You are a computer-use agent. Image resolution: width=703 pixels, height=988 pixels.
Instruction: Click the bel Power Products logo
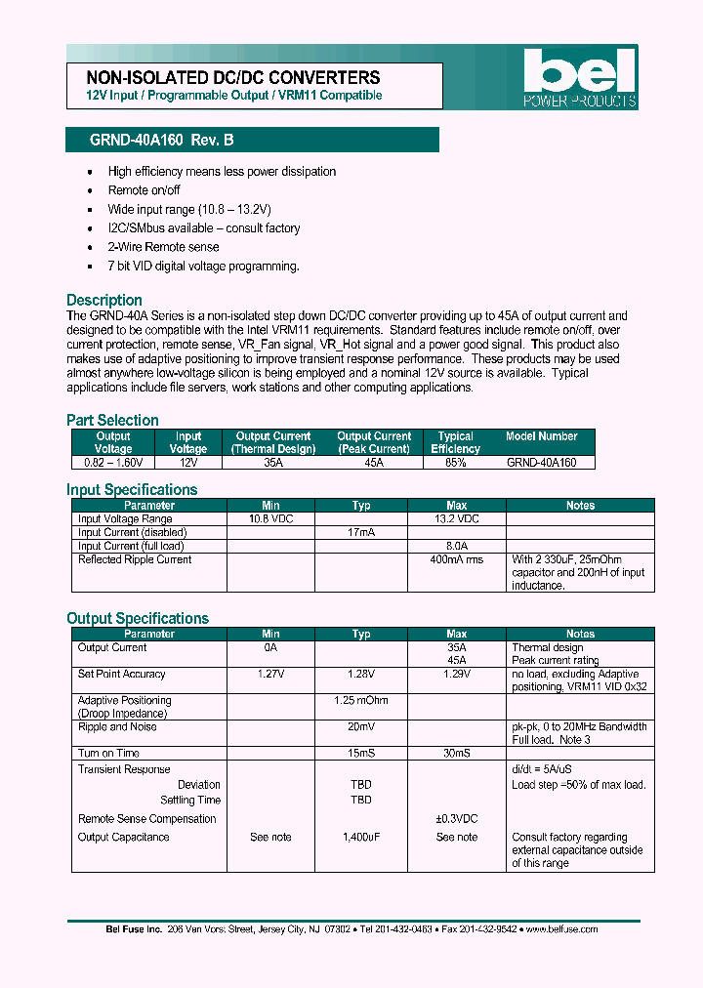(579, 78)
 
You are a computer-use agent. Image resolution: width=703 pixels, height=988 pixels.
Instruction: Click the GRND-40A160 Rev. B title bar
(252, 141)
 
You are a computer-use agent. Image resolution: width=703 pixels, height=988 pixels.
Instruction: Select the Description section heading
(104, 301)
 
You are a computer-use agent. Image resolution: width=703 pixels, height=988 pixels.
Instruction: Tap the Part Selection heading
(112, 421)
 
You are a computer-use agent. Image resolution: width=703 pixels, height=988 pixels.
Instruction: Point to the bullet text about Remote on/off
(144, 190)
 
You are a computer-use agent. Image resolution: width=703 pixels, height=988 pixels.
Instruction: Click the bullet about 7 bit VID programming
(203, 267)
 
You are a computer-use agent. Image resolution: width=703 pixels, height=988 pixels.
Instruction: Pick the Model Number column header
(541, 436)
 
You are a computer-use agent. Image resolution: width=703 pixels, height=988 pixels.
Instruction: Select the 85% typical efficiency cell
(455, 463)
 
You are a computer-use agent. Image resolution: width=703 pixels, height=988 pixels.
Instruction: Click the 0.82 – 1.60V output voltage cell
(113, 463)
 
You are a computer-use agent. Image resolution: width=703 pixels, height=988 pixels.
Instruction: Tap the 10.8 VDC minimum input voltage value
(270, 519)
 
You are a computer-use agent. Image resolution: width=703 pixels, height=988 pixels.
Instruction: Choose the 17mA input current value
(361, 533)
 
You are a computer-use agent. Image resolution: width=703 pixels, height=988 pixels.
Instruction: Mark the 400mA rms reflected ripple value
(456, 560)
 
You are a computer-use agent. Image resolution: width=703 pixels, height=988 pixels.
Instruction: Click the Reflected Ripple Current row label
(135, 560)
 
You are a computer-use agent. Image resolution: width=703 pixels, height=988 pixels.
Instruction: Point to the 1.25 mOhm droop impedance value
(361, 701)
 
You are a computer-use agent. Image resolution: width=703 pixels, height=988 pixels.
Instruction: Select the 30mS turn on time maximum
(456, 754)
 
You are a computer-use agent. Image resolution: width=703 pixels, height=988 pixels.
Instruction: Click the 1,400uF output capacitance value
(361, 838)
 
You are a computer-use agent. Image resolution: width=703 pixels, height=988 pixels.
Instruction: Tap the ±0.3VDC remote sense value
(456, 819)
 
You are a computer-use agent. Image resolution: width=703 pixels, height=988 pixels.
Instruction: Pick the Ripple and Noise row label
(117, 727)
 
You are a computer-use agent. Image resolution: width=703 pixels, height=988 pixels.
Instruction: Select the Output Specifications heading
(138, 619)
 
